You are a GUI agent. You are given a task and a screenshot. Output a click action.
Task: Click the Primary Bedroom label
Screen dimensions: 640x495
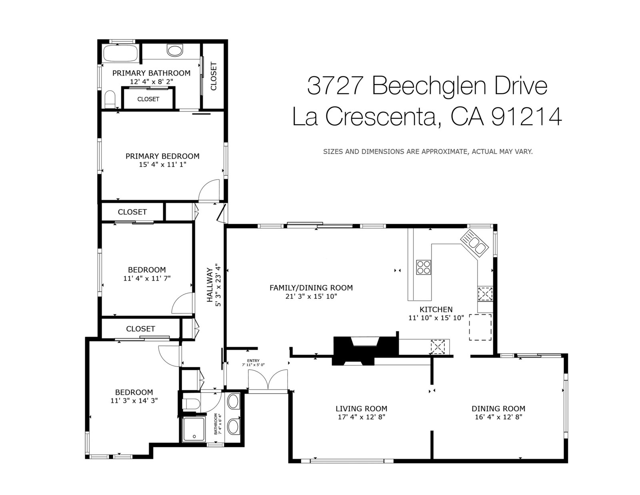[x=162, y=156]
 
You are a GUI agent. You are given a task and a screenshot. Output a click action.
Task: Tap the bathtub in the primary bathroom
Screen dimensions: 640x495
[x=120, y=53]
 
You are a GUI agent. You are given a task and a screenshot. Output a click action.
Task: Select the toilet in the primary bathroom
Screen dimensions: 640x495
[x=110, y=99]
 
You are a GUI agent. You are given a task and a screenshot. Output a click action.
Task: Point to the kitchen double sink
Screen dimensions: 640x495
[x=474, y=242]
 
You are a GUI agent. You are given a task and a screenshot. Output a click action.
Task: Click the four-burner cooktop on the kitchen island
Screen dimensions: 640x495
[x=423, y=267]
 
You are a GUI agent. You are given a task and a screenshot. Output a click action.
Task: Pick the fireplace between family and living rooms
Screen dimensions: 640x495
[x=366, y=350]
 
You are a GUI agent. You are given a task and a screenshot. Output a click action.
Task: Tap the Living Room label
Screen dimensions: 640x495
[x=361, y=408]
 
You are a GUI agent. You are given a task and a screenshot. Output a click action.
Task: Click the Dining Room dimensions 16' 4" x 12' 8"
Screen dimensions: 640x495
[x=498, y=417]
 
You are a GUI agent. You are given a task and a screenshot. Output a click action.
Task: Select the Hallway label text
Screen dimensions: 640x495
[x=210, y=285]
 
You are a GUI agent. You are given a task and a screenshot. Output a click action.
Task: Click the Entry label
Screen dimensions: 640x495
[x=253, y=360]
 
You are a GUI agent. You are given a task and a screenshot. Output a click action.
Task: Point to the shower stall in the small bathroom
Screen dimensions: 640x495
[x=194, y=429]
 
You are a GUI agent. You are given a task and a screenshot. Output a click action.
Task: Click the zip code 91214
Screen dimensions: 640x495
[x=526, y=117]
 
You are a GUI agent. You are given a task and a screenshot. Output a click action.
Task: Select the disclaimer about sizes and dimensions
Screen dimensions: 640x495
[x=428, y=151]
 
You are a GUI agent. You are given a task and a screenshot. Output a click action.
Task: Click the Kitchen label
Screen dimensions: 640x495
[x=436, y=309]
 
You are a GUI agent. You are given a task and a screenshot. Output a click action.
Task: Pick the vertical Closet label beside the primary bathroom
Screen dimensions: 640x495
[x=214, y=76]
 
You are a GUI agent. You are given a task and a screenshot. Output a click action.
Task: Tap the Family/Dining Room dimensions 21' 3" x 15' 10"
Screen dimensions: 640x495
[x=311, y=296]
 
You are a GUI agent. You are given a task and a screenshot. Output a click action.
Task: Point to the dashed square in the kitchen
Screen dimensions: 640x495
[x=480, y=327]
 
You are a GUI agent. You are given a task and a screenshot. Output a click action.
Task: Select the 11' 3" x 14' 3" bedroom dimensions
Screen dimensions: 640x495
[x=134, y=400]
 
